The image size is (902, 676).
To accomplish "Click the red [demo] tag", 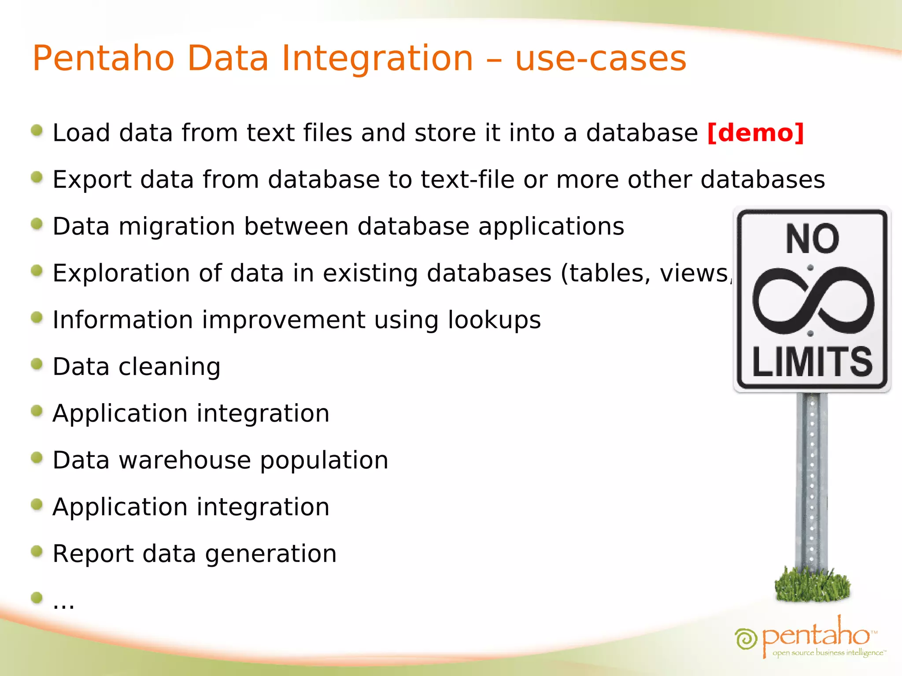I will click(756, 133).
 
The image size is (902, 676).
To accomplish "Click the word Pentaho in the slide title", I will click(104, 59).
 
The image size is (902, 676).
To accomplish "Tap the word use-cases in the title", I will click(601, 59).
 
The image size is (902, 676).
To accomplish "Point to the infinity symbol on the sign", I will click(813, 301).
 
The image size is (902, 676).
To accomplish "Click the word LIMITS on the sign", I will click(812, 362).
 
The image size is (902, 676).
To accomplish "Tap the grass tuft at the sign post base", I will click(812, 585).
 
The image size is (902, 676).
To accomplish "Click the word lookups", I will click(494, 320).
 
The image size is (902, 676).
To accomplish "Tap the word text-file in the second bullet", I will click(468, 180).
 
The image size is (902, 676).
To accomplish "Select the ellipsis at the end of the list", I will click(63, 604).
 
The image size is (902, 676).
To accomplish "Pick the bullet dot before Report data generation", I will click(37, 551).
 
